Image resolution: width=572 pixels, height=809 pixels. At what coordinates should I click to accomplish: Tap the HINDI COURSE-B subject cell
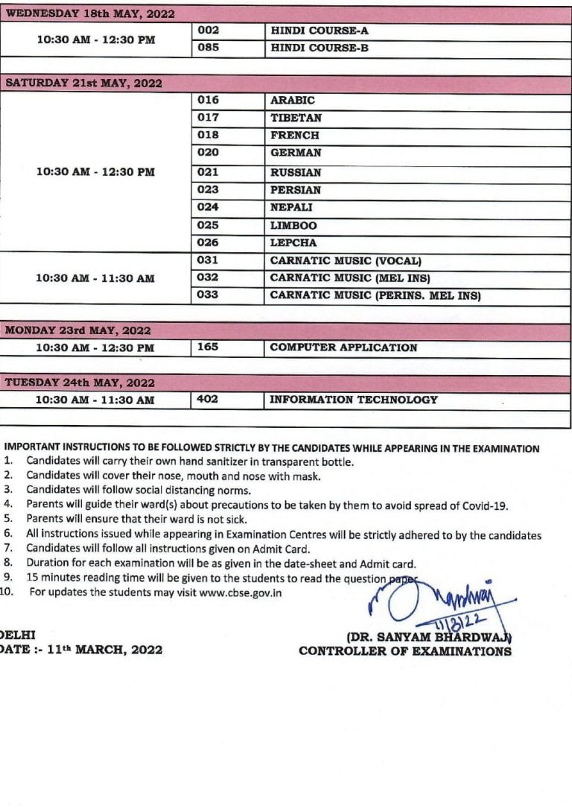[320, 48]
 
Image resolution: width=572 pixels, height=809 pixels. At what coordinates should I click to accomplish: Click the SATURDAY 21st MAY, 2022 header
[83, 83]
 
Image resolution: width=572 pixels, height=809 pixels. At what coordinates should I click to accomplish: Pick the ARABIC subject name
[293, 100]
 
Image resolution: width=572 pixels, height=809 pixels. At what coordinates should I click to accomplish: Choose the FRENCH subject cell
[295, 135]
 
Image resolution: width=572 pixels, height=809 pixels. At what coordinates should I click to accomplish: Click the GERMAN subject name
[296, 153]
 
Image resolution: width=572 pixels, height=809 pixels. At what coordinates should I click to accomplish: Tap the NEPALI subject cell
[291, 208]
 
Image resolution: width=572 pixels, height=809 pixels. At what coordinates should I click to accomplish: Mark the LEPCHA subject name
[293, 243]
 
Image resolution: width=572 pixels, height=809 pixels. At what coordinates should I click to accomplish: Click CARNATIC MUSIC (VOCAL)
[346, 261]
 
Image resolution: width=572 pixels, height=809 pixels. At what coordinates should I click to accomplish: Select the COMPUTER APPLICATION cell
[343, 348]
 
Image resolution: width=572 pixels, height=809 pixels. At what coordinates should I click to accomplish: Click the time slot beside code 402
[95, 400]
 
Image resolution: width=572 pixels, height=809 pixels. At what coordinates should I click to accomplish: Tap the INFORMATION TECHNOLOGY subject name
[354, 400]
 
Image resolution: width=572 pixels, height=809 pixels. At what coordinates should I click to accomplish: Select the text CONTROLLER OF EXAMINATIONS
[405, 651]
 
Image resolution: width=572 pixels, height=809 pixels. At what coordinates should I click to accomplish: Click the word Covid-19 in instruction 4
[485, 505]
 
